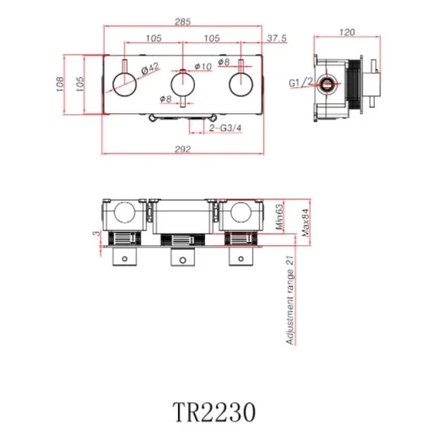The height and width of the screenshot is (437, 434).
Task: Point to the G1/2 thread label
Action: [300, 83]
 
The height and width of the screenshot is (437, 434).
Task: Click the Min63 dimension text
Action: [279, 216]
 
